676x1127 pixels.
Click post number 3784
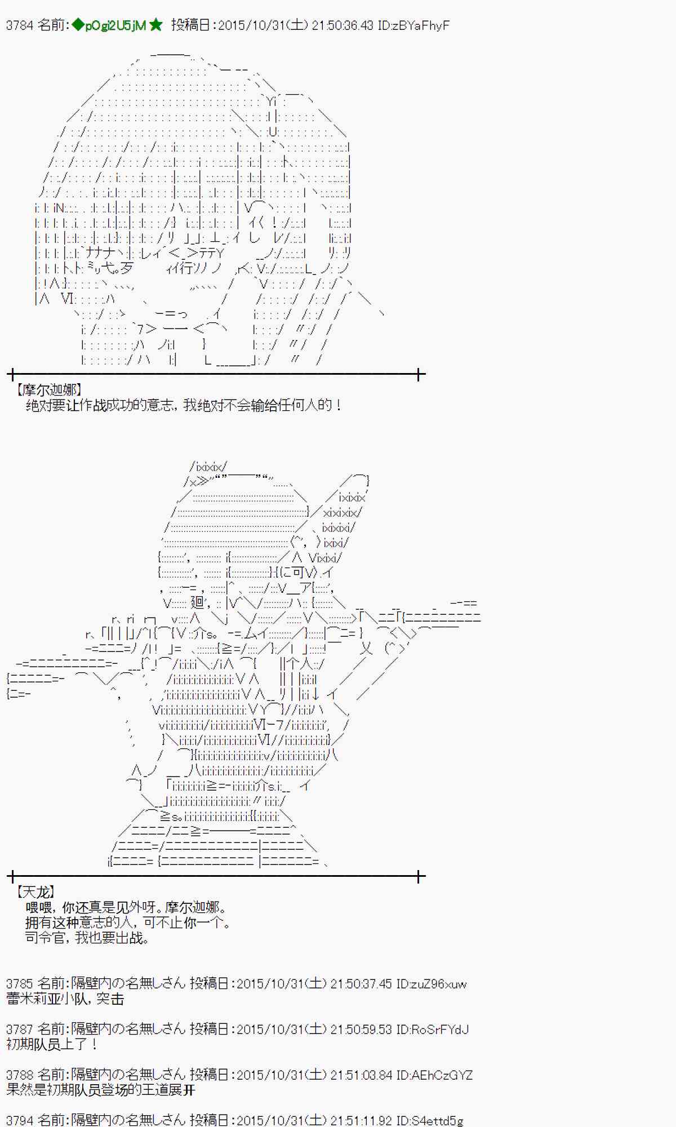click(x=20, y=25)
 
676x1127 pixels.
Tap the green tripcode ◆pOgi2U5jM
click(x=109, y=25)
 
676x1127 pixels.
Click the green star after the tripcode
click(x=156, y=25)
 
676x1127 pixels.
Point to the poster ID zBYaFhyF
click(x=422, y=25)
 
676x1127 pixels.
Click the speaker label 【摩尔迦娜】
click(x=49, y=389)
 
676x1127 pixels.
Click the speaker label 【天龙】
click(x=36, y=891)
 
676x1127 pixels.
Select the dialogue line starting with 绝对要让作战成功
click(x=184, y=405)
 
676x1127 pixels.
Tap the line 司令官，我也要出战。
click(x=87, y=938)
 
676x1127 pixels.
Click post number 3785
click(x=20, y=984)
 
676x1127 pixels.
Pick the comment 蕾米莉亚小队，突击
click(x=65, y=999)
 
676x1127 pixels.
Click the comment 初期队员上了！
click(x=52, y=1044)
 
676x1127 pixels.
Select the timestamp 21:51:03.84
click(x=361, y=1075)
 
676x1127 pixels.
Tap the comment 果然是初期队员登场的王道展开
click(x=100, y=1090)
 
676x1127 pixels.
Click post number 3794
click(x=20, y=1120)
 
